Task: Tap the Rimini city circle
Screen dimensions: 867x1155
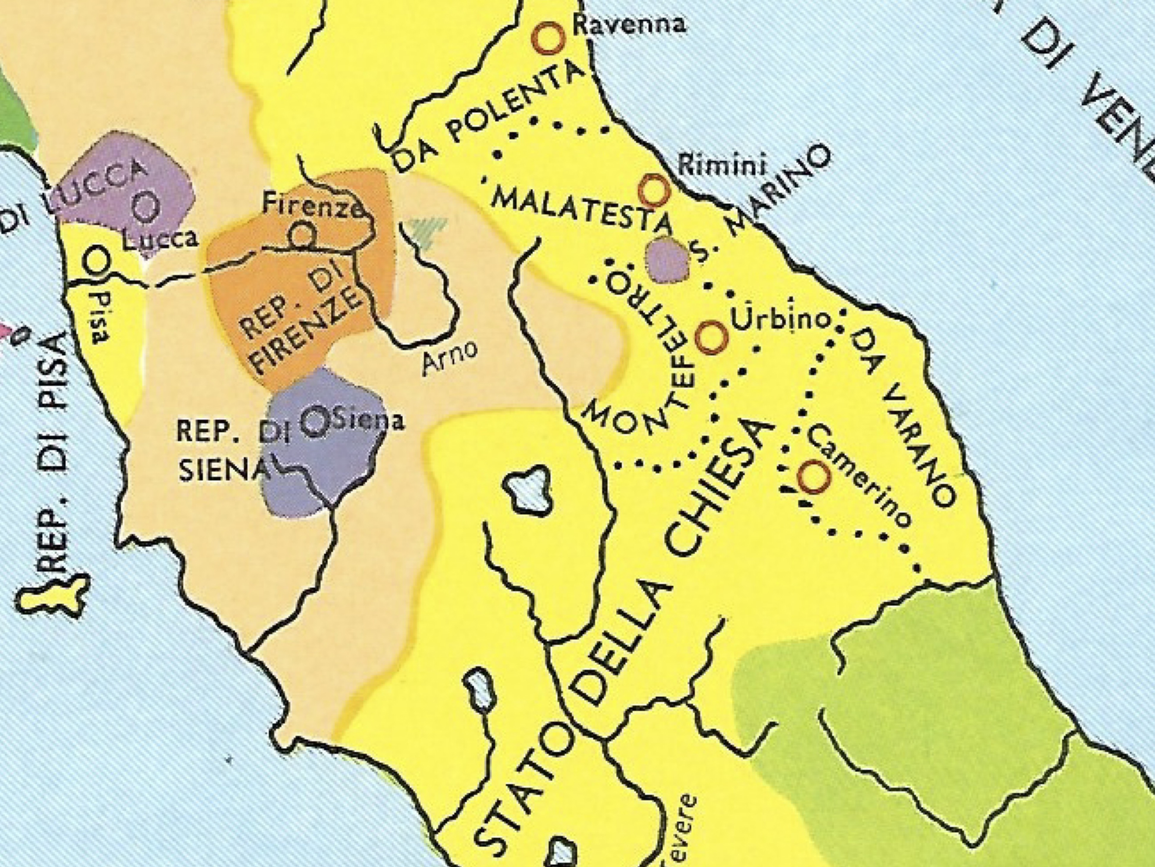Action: tap(654, 191)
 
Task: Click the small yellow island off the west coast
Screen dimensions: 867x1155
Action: tap(52, 596)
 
